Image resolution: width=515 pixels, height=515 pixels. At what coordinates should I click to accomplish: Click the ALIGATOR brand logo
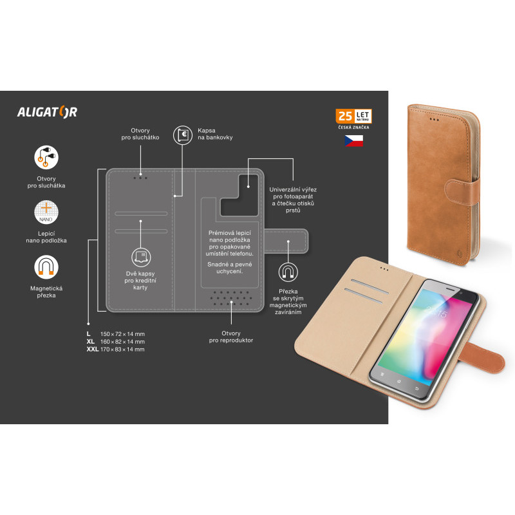[47, 112]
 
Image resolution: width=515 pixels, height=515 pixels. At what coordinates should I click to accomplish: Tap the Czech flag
[353, 140]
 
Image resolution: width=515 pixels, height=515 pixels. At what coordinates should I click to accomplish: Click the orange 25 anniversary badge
[353, 116]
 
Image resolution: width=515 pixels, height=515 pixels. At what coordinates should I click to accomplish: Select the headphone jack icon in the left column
[46, 157]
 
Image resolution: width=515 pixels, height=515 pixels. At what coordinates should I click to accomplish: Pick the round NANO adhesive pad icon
[46, 212]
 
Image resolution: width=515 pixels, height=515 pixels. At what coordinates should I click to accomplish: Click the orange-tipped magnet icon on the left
[46, 267]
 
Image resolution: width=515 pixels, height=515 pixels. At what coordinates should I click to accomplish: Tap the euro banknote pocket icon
[183, 135]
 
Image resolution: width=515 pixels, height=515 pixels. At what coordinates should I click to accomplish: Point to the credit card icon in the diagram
[141, 257]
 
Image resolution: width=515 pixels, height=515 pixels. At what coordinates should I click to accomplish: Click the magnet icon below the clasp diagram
[288, 272]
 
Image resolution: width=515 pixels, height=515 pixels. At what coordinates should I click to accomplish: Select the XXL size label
[92, 349]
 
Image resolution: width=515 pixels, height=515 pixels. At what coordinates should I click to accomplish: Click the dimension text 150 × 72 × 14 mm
[122, 334]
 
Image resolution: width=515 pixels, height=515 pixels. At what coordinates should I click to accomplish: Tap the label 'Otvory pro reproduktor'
[231, 337]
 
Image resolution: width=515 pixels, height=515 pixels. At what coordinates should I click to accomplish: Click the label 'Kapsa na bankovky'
[215, 134]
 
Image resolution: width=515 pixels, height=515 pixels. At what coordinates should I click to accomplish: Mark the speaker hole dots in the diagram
[231, 298]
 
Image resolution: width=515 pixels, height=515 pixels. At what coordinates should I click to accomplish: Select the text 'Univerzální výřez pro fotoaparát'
[293, 192]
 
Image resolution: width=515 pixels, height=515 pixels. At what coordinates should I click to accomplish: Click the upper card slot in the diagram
[141, 214]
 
